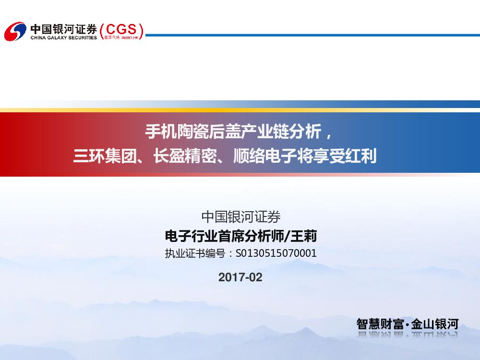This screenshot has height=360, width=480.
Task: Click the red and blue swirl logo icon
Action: click(x=15, y=32)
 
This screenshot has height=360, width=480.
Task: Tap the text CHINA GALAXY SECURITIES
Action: click(x=63, y=37)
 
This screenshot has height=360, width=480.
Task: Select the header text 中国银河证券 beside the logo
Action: click(x=63, y=28)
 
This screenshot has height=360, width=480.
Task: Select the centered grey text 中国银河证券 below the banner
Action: click(x=240, y=217)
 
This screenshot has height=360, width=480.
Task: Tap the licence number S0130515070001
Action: click(x=276, y=253)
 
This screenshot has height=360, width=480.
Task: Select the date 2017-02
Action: click(x=240, y=277)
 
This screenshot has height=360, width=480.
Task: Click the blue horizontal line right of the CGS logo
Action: click(x=312, y=35)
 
